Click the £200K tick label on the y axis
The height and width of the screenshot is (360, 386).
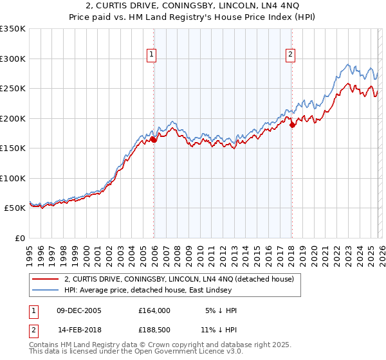(x=13, y=118)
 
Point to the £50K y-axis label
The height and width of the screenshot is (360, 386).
(x=15, y=208)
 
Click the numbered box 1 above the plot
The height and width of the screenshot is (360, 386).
(x=152, y=55)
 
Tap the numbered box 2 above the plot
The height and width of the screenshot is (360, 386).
(x=291, y=55)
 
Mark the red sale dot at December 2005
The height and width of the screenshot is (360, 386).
(x=154, y=139)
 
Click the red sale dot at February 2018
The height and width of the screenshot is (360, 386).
(x=292, y=125)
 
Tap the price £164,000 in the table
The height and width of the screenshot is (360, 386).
(x=154, y=310)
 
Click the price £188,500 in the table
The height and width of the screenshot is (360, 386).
(x=154, y=330)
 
